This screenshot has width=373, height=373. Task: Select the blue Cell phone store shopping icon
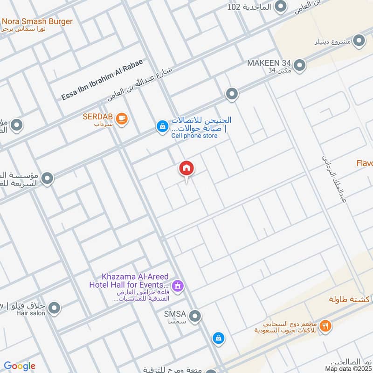click(162, 126)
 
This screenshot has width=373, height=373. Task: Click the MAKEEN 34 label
click(269, 62)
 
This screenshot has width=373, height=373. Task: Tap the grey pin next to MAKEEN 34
click(299, 65)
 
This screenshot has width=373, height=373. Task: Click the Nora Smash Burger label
click(37, 21)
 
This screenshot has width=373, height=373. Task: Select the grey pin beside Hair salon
click(55, 308)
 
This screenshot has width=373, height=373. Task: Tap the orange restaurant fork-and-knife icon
click(326, 326)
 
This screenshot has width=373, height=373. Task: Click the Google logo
click(20, 366)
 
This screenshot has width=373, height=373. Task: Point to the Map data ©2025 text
click(348, 368)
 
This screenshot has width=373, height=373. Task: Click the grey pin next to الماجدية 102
click(280, 7)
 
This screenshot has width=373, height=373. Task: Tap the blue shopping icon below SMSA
click(218, 338)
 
